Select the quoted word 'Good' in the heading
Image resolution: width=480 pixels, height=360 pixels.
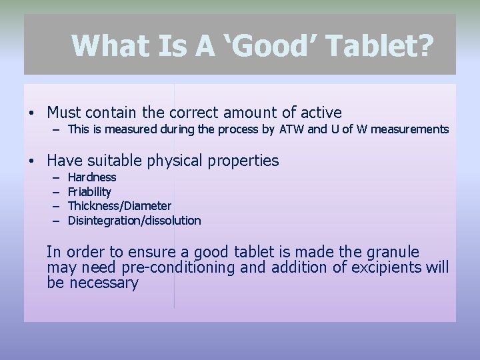click(x=269, y=46)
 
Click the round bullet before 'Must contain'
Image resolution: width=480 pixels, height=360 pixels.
click(x=31, y=113)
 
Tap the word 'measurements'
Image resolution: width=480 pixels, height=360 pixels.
click(x=413, y=129)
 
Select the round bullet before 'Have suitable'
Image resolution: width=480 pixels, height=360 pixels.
click(x=31, y=161)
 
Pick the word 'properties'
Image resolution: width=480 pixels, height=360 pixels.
click(x=246, y=161)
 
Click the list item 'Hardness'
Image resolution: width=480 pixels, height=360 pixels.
click(x=92, y=177)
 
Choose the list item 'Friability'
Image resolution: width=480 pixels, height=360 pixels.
click(x=89, y=192)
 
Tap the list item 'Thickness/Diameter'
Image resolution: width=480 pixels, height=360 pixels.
click(x=119, y=206)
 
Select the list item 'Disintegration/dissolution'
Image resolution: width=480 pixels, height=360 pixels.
click(x=134, y=221)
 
